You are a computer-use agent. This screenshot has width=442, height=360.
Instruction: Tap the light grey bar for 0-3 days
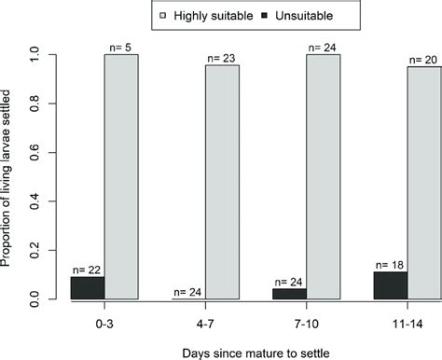point(120,177)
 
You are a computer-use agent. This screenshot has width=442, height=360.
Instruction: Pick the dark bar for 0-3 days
point(87,287)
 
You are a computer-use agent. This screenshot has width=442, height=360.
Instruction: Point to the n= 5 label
point(122,47)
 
